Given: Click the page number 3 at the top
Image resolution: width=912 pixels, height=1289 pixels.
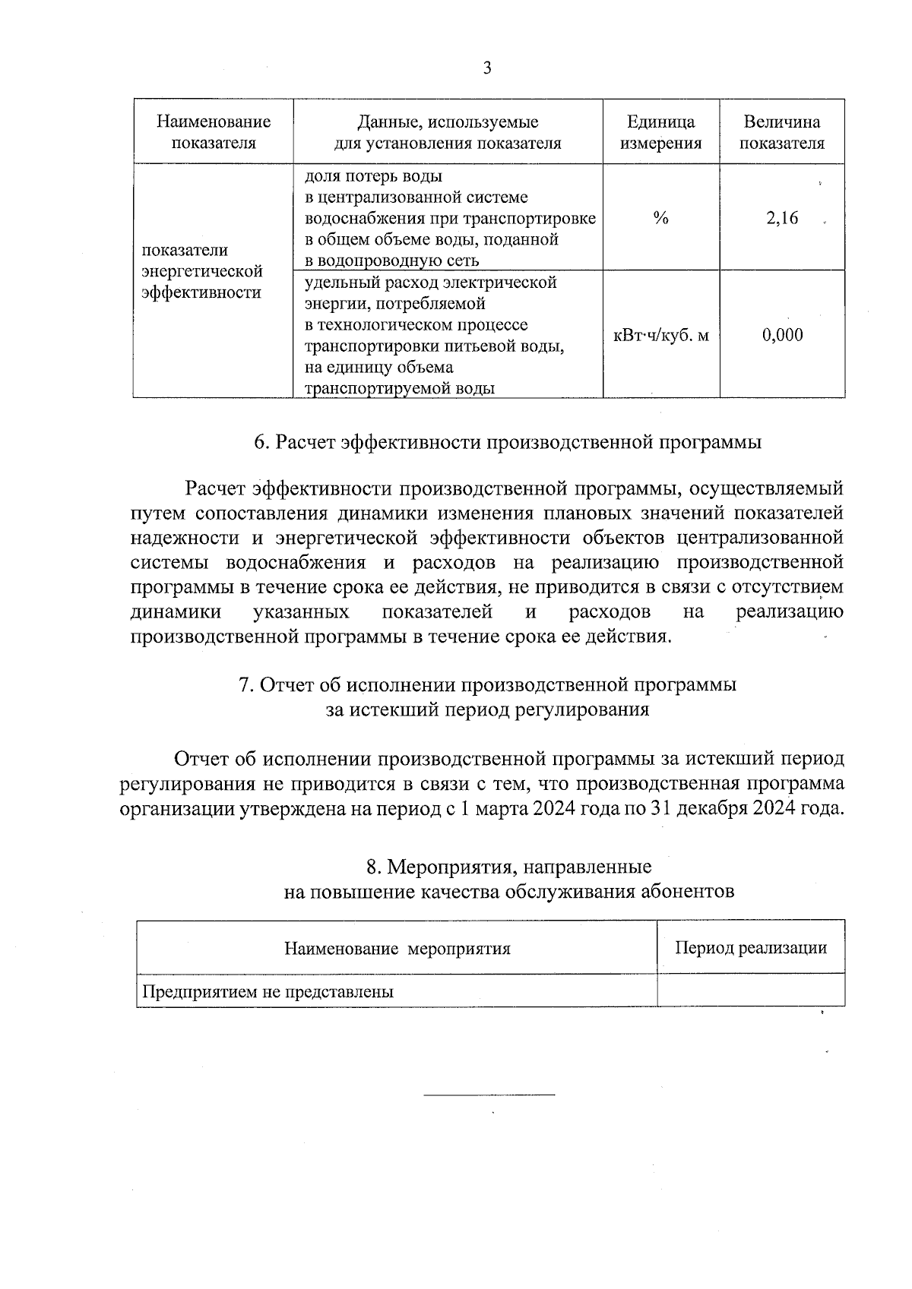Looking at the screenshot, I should point(487,68).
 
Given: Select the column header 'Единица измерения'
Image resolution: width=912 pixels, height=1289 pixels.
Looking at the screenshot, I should point(660,132).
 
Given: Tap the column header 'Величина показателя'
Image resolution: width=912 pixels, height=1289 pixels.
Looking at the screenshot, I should point(782,132).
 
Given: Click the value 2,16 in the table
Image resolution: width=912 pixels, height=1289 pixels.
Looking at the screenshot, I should point(782,219).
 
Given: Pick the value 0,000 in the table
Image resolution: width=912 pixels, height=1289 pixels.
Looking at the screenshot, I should point(782,335).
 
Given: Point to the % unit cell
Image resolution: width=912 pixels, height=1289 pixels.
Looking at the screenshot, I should point(660,219).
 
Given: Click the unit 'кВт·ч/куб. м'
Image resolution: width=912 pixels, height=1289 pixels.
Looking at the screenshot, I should point(660,335).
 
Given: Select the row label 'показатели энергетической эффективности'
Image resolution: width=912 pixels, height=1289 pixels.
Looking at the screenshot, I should point(202,271).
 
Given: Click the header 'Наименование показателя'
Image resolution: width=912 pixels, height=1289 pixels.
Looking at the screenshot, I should point(214,132).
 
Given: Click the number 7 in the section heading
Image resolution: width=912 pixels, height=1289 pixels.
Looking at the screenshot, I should point(245,685).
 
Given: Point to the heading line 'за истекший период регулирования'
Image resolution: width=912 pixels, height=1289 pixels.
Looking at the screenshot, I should point(487,709).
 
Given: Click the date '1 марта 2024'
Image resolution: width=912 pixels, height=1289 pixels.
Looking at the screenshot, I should point(502,807).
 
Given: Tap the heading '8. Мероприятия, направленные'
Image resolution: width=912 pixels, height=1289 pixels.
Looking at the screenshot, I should point(508,867).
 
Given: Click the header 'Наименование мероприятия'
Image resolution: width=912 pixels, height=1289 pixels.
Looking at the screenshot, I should point(397,948).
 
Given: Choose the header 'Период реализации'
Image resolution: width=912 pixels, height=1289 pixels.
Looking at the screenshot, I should point(750,947).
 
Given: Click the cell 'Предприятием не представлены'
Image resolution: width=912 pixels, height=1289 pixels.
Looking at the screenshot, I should point(268,991).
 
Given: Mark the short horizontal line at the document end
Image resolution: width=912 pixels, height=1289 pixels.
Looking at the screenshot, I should point(489,1095).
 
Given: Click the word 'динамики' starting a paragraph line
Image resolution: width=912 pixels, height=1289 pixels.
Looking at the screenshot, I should point(176,611).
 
